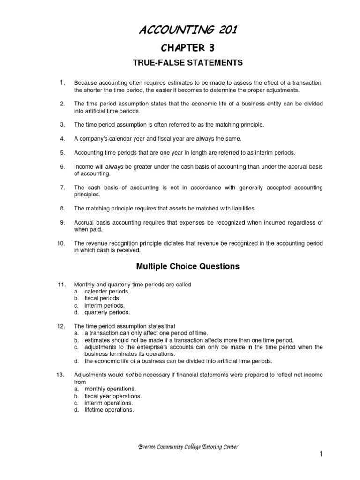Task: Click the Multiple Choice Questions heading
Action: coord(187,266)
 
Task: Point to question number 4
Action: coord(62,139)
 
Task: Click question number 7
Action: coord(62,187)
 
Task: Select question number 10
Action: coord(61,243)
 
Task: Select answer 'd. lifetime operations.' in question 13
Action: coord(104,409)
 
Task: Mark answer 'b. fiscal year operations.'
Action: coord(108,396)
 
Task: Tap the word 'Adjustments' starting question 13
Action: coord(90,375)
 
